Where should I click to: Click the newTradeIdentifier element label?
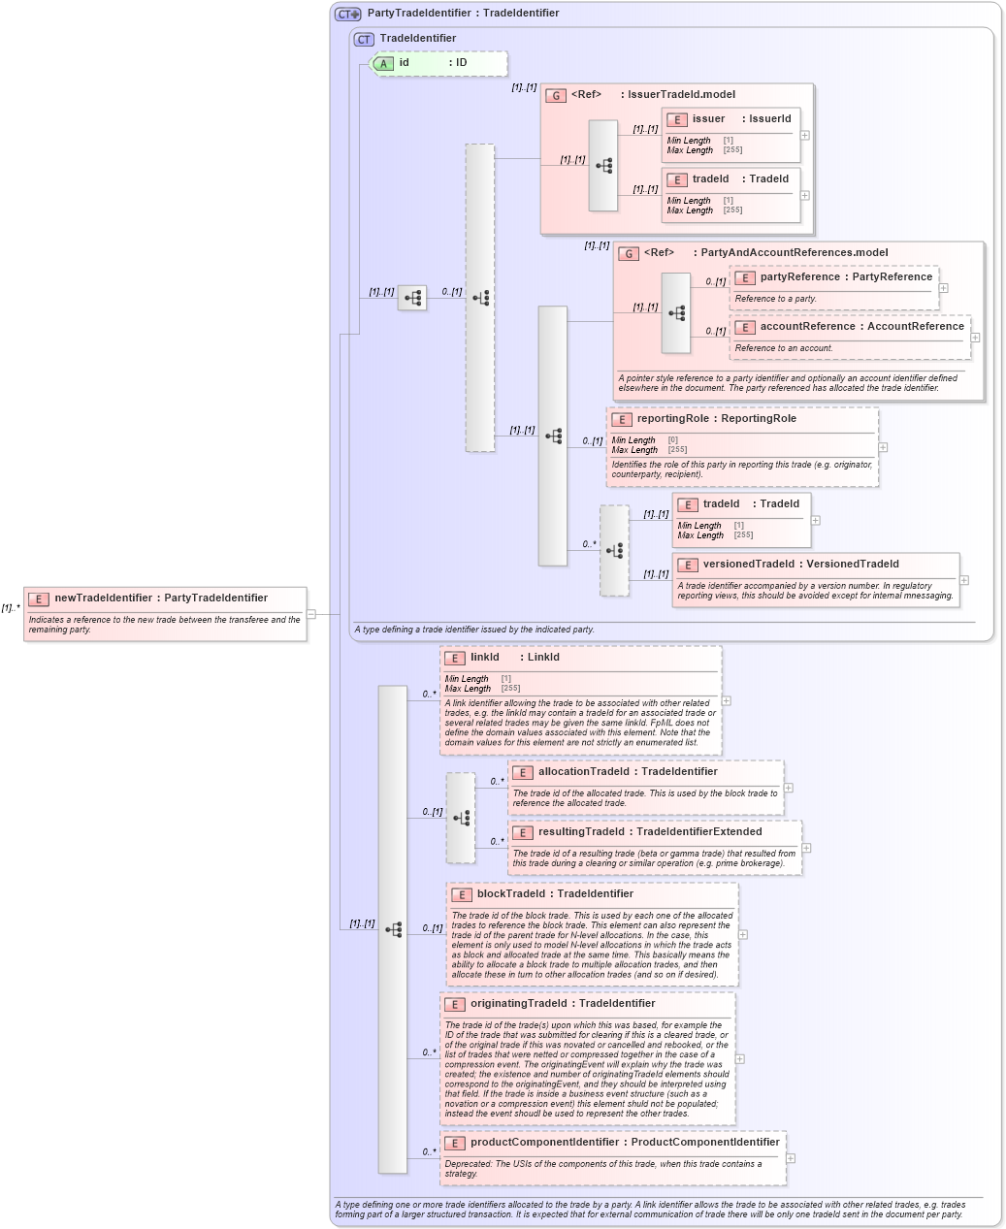160,598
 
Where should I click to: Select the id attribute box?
439,63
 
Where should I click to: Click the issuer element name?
708,119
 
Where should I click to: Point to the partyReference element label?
846,277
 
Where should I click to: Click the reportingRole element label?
716,419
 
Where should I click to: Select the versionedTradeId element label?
800,565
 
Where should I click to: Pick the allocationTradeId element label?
628,772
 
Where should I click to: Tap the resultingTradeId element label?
650,832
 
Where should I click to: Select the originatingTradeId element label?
563,1004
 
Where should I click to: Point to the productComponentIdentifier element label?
625,1143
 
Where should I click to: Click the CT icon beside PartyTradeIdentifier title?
346,14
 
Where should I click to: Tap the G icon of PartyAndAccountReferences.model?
629,254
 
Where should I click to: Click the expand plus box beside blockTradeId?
743,935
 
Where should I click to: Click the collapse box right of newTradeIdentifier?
311,614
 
